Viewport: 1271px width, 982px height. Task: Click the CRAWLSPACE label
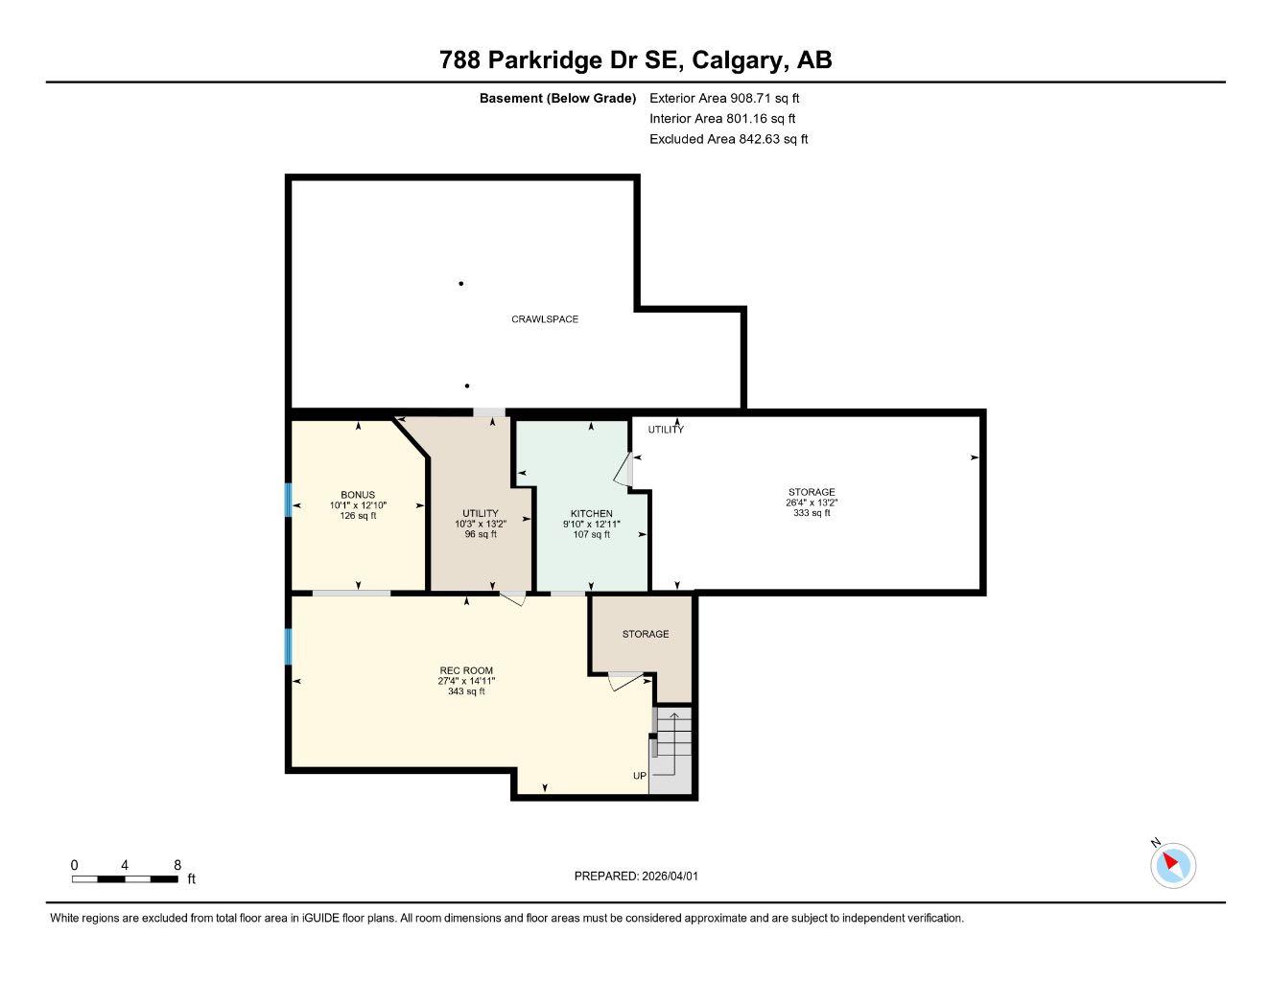[x=544, y=319]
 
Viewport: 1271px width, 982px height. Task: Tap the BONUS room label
[x=358, y=495]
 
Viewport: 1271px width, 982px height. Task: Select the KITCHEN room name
[x=591, y=514]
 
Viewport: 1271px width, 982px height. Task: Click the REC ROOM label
[x=466, y=670]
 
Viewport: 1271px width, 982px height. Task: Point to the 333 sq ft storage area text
[x=812, y=513]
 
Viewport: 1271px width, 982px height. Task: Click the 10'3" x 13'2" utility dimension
[x=480, y=524]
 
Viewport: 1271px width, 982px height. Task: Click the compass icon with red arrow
[x=1172, y=865]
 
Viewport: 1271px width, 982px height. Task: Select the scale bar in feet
[x=125, y=878]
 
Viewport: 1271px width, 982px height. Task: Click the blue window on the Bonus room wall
[x=287, y=500]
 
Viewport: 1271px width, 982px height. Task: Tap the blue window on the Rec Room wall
[x=287, y=646]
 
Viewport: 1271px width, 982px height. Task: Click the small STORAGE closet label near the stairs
[x=645, y=634]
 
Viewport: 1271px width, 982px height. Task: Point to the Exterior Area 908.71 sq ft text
[x=724, y=98]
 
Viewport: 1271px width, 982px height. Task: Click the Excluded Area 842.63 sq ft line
[x=728, y=139]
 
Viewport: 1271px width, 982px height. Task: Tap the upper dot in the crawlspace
[x=461, y=284]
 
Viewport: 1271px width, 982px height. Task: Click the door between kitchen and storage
[x=624, y=471]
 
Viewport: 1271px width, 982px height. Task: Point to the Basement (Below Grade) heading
[x=557, y=98]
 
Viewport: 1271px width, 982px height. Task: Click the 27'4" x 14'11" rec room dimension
[x=466, y=681]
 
